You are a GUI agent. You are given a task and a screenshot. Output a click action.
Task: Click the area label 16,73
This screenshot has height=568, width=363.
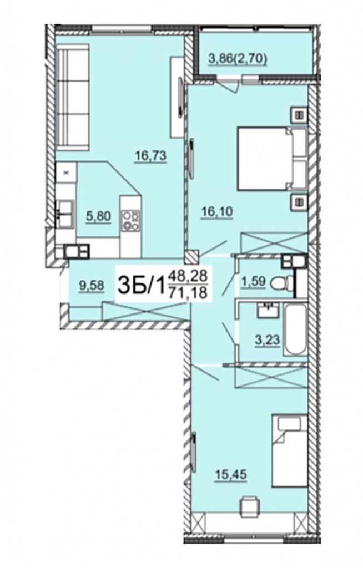coord(150,156)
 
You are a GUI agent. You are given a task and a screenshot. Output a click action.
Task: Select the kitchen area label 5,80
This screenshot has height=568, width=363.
coord(98,217)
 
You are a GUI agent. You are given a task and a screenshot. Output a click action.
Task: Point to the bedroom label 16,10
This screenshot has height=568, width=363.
coord(217,211)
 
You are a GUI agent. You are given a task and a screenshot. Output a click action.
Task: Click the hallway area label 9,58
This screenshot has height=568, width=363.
coord(92,286)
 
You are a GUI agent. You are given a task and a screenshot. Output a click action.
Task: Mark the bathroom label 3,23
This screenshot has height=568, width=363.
coord(268,340)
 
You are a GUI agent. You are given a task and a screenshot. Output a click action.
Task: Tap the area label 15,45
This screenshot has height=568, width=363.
coord(231,474)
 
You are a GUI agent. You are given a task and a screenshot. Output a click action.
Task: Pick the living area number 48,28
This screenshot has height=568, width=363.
coord(188,277)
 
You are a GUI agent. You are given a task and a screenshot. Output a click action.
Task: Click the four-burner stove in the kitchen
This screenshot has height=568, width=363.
coord(130,221)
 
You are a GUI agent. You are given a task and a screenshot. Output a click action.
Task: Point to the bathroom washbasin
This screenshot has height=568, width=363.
coord(269,311)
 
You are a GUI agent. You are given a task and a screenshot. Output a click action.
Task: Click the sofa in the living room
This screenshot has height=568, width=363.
coord(73,97)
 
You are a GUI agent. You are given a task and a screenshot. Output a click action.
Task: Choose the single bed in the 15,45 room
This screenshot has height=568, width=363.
coord(290,451)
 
